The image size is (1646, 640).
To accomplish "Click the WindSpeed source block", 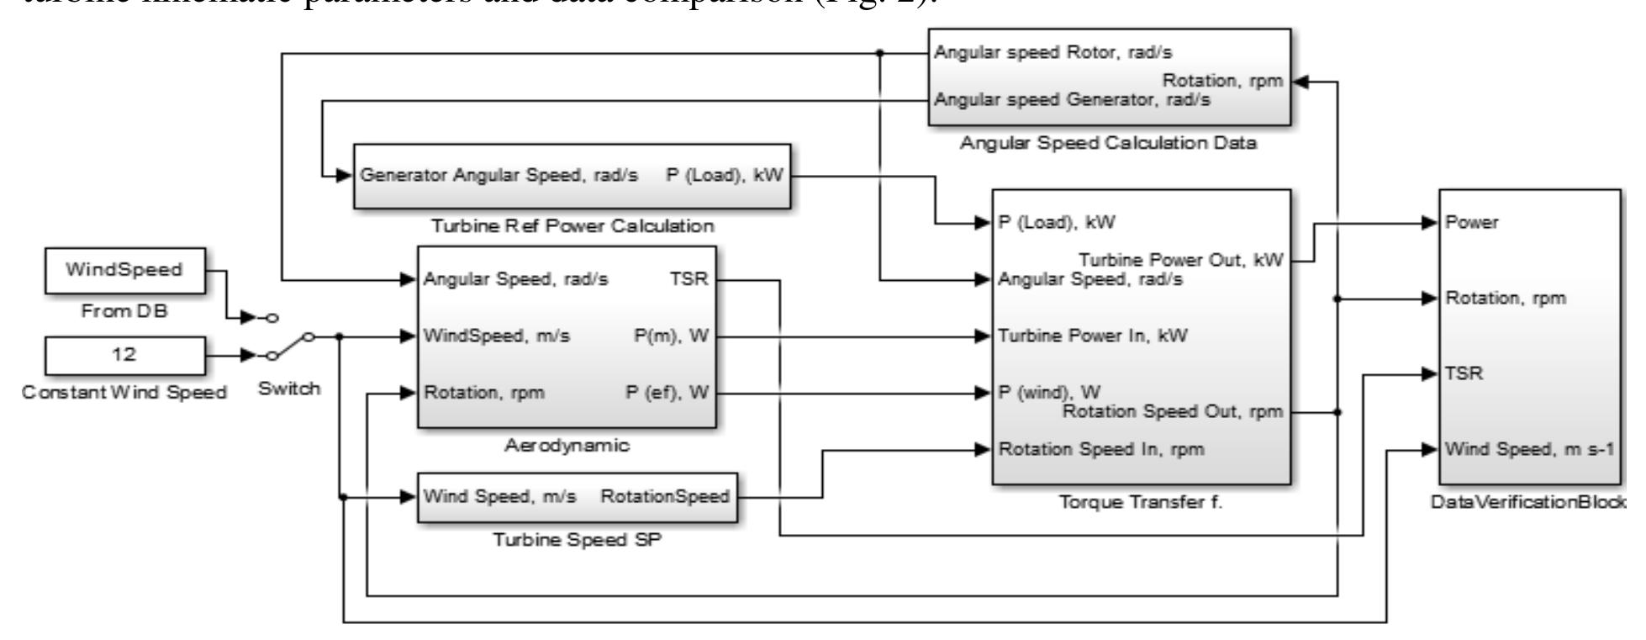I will (x=124, y=271).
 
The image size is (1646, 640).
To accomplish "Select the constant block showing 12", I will (x=124, y=355).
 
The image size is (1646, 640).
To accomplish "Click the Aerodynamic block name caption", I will (x=567, y=446).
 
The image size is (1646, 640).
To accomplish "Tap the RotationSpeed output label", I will (x=665, y=497).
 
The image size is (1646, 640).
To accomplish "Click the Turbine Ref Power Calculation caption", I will (x=572, y=226).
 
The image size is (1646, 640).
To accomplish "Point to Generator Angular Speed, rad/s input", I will (x=499, y=176).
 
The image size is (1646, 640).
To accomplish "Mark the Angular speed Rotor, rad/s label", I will (x=1054, y=52).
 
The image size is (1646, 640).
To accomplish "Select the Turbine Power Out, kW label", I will (x=1181, y=260).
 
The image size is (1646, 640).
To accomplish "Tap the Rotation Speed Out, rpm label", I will (x=1174, y=412).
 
